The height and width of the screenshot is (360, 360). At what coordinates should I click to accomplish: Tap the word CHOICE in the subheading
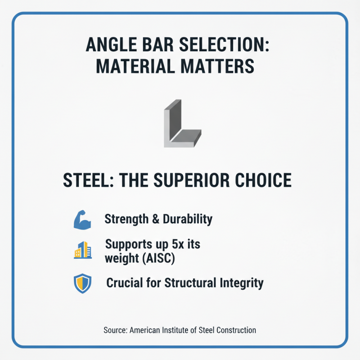point(266,180)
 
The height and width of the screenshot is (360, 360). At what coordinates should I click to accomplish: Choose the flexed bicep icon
point(82,220)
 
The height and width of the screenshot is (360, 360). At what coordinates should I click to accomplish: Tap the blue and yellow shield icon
point(82,284)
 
